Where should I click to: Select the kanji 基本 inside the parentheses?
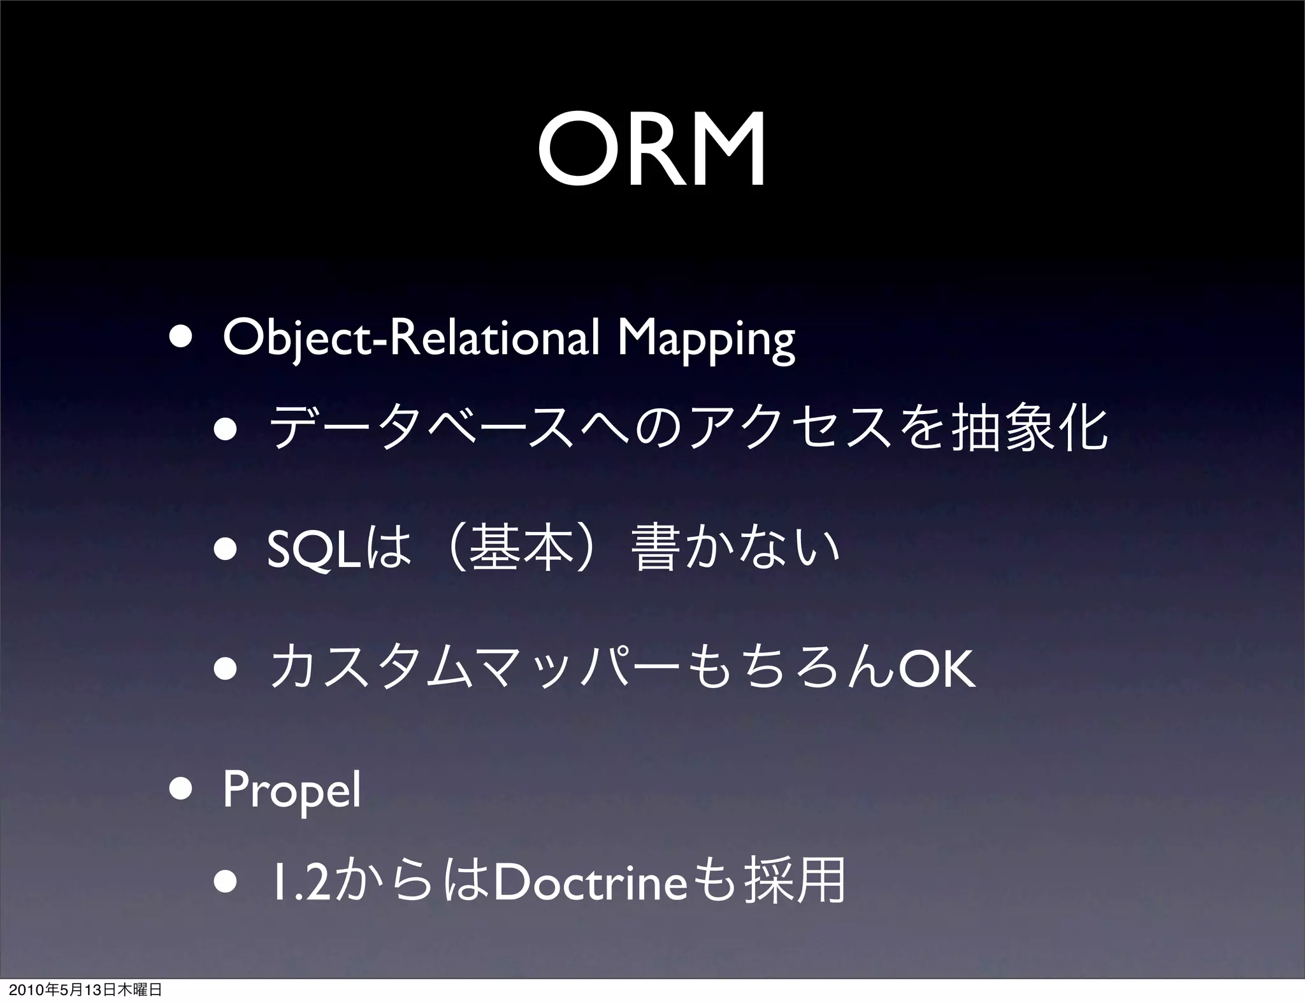[518, 551]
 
